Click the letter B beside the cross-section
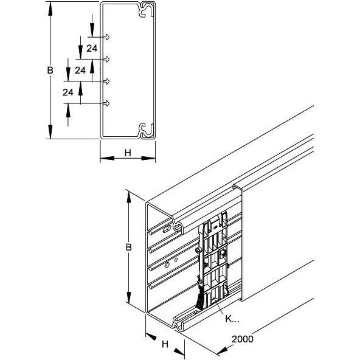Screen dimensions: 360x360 pos(50,70)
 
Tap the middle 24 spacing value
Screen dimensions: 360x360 pos(80,71)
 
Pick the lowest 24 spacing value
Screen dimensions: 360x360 pos(68,92)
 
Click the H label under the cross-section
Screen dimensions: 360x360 pos(127,153)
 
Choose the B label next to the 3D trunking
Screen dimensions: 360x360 pos(128,247)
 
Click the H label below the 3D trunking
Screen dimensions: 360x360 pos(164,344)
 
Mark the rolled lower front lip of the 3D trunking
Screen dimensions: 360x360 pos(177,324)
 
